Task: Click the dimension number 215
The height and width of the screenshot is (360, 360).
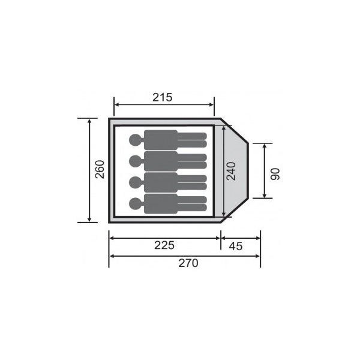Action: click(x=163, y=97)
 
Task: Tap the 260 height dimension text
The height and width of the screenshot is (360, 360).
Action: click(x=100, y=169)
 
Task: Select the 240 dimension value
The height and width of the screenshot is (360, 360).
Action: click(x=231, y=171)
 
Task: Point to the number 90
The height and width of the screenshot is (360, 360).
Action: click(x=275, y=174)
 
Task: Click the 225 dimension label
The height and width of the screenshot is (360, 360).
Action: click(x=164, y=245)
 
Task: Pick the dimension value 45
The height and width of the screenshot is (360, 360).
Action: click(x=236, y=246)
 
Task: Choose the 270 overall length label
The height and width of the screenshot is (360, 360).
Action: click(x=188, y=263)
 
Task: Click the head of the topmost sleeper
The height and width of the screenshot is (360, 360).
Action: click(x=136, y=140)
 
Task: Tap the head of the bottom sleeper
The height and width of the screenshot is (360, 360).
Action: click(x=136, y=203)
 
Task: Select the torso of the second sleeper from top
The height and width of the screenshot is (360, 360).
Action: click(x=161, y=161)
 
